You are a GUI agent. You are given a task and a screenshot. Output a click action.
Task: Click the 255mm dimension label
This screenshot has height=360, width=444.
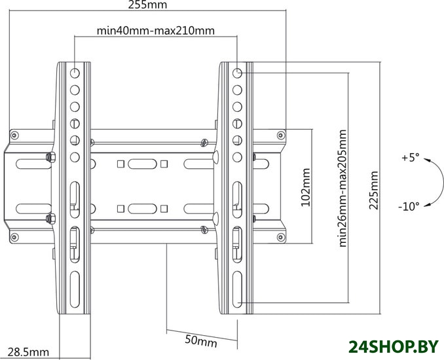(147, 5)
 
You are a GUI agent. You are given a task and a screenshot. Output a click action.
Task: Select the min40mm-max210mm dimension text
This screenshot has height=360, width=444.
(156, 30)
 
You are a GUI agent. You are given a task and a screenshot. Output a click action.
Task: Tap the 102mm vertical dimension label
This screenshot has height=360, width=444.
(305, 187)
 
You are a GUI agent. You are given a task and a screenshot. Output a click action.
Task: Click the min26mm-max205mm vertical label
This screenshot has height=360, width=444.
(342, 189)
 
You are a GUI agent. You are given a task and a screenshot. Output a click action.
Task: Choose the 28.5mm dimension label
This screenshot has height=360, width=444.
(28, 352)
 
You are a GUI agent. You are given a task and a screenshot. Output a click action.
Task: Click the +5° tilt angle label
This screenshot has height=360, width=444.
(410, 157)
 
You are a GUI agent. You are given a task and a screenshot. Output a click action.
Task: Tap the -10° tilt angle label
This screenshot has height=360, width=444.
(409, 206)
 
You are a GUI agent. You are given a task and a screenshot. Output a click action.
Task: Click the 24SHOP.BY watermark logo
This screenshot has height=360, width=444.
(394, 346)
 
